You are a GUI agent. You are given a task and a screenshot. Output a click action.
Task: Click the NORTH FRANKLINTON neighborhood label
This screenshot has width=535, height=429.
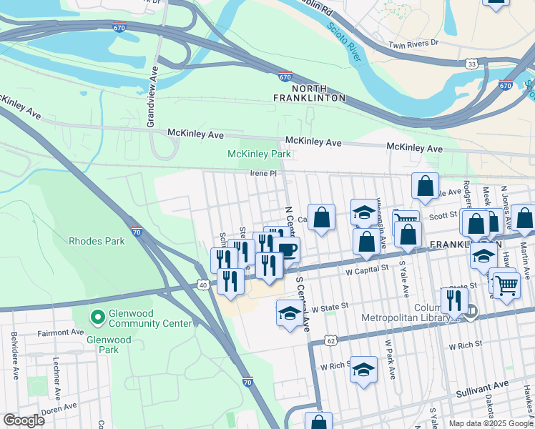click(310, 92)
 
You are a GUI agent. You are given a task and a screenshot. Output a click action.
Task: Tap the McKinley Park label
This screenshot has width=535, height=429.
click(259, 154)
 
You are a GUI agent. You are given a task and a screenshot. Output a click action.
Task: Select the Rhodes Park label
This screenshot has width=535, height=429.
click(97, 241)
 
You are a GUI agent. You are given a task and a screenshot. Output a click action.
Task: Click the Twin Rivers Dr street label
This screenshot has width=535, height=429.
click(412, 44)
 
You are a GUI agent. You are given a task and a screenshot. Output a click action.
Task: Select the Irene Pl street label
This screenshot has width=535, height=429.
click(262, 173)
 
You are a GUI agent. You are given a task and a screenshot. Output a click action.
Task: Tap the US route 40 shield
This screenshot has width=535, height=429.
click(202, 285)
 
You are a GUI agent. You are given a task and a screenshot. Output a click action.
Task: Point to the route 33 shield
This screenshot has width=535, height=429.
click(472, 64)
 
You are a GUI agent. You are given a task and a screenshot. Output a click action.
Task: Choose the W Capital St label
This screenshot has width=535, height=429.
click(367, 270)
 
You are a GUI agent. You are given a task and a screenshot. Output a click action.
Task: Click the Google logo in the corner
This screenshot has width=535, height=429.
click(24, 420)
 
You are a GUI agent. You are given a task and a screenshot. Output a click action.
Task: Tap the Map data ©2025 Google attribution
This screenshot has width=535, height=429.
click(490, 423)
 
